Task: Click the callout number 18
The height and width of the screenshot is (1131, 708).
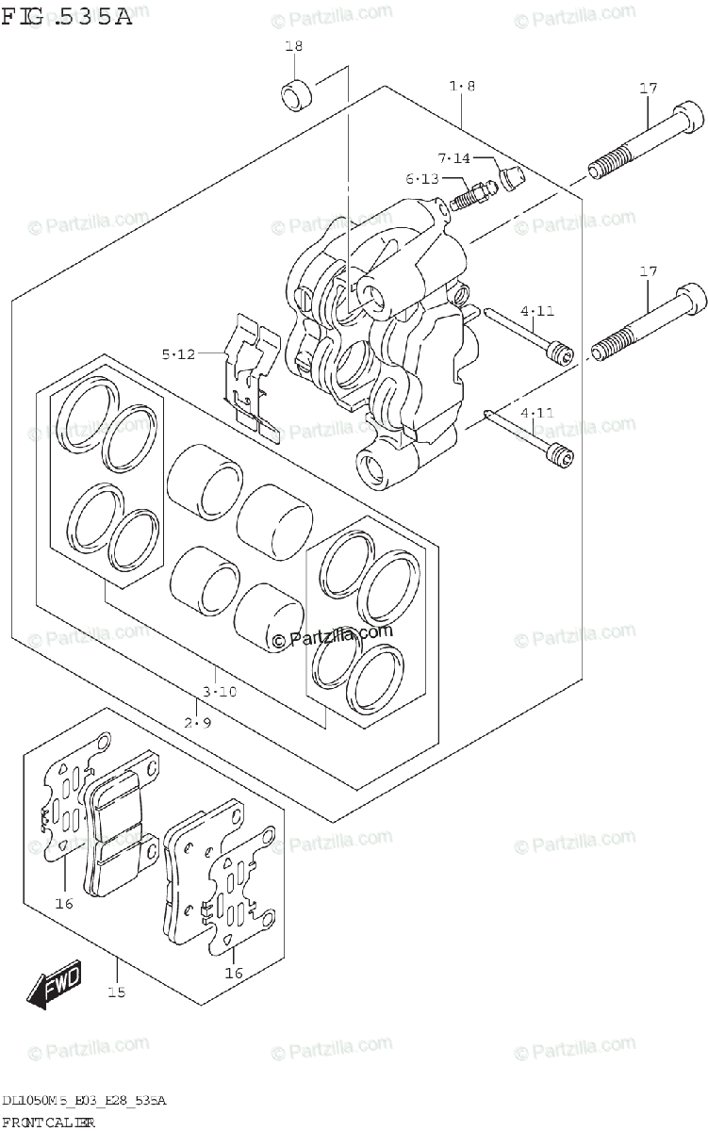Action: pos(293,46)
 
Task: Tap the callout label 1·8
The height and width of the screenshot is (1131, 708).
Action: pos(462,87)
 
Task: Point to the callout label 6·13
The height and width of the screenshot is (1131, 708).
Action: pos(423,179)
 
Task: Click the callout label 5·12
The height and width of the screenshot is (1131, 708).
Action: pos(177,354)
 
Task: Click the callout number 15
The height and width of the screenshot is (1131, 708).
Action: pos(116,992)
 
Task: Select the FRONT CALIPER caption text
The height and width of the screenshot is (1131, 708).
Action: pos(48,1122)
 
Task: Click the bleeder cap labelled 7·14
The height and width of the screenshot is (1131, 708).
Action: pos(513,177)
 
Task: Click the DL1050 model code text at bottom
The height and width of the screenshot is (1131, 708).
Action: pos(84,1101)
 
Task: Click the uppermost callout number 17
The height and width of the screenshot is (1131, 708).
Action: pos(647,89)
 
